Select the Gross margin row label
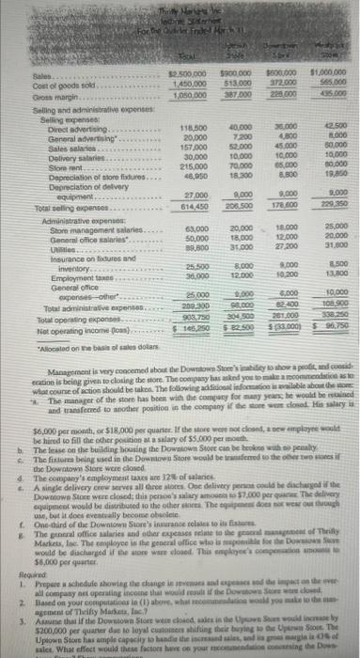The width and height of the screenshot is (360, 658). click(x=27, y=96)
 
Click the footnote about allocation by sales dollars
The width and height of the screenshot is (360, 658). click(x=56, y=337)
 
